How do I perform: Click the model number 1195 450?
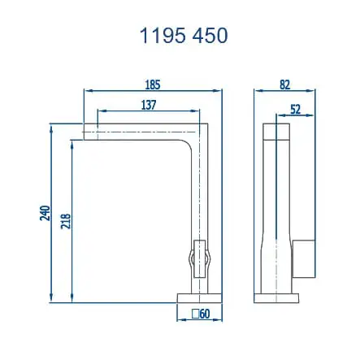point(182,36)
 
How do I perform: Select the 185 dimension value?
point(153,84)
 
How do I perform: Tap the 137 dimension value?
point(147,105)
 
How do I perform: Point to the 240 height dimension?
point(45,213)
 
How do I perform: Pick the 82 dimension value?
point(284,84)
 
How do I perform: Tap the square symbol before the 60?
point(195,314)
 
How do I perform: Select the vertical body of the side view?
point(277,203)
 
